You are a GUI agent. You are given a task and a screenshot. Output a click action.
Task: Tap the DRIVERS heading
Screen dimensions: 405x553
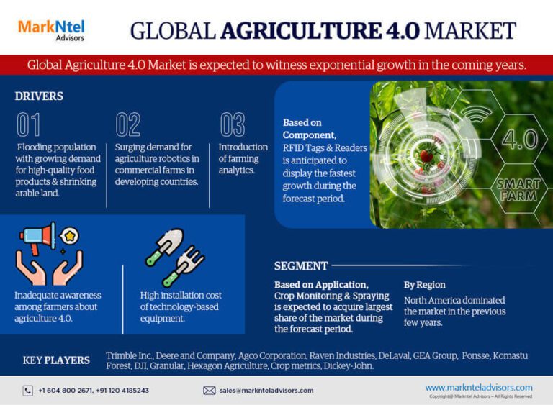[39, 96]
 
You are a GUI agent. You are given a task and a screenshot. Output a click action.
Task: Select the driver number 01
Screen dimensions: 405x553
[29, 125]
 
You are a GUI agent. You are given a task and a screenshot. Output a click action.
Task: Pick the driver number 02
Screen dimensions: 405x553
[128, 125]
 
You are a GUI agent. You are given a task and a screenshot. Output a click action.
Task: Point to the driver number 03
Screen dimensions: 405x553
[233, 125]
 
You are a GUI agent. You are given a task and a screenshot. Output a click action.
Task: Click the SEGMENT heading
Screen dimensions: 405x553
[301, 266]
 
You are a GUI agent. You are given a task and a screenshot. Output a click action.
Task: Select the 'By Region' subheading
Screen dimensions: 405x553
[424, 285]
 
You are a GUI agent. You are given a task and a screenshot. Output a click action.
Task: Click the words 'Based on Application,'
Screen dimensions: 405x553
[321, 285]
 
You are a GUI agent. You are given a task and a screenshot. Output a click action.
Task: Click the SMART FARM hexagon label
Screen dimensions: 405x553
[518, 190]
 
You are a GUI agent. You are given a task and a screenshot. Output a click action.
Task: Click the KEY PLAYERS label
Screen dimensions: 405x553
[56, 360]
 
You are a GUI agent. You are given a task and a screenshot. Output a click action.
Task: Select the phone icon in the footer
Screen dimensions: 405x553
[28, 391]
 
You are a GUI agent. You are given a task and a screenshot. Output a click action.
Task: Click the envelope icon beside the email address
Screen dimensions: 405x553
[210, 391]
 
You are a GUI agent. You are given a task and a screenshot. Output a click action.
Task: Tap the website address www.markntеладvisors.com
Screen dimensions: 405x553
[479, 387]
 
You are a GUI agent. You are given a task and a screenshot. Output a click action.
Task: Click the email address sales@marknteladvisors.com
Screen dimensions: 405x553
[266, 391]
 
